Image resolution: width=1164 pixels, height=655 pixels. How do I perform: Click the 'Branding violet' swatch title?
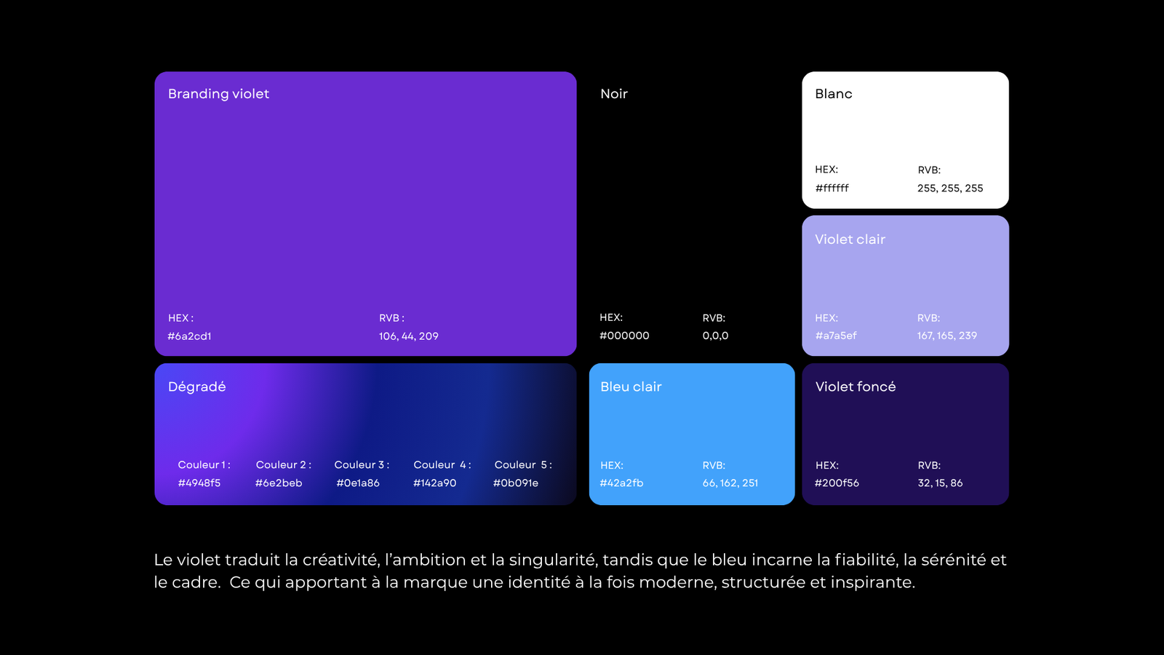point(218,94)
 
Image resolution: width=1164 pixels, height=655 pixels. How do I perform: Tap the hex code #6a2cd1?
point(189,336)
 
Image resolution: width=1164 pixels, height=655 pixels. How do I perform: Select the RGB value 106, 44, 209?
point(408,336)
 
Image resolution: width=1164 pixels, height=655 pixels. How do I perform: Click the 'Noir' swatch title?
point(614,94)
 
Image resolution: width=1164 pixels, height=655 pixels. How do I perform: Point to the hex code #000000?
point(624,336)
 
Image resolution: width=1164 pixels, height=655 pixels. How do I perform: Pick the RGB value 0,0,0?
point(715,336)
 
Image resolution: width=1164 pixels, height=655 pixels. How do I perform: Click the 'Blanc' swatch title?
point(834,94)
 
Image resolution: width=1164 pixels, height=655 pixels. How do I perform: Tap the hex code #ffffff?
point(832,188)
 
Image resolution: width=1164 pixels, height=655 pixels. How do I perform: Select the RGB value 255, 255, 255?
point(950,188)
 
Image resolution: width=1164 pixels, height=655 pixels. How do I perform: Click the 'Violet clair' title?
point(850,239)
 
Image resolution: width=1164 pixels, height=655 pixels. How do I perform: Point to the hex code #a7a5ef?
point(836,336)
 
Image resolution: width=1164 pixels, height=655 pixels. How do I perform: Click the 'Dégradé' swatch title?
point(196,386)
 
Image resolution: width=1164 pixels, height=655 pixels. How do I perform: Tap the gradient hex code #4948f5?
point(199,483)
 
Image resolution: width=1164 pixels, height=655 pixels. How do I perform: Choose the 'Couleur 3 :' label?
point(362,465)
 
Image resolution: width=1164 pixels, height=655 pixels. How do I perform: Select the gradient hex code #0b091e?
point(516,483)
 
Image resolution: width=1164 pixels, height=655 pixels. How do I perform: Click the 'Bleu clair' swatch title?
point(631,386)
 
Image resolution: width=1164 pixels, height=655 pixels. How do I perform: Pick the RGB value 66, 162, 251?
point(730,483)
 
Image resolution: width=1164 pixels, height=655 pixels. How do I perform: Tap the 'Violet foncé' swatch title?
point(856,386)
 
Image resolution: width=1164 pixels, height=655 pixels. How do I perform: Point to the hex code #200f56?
point(837,483)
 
